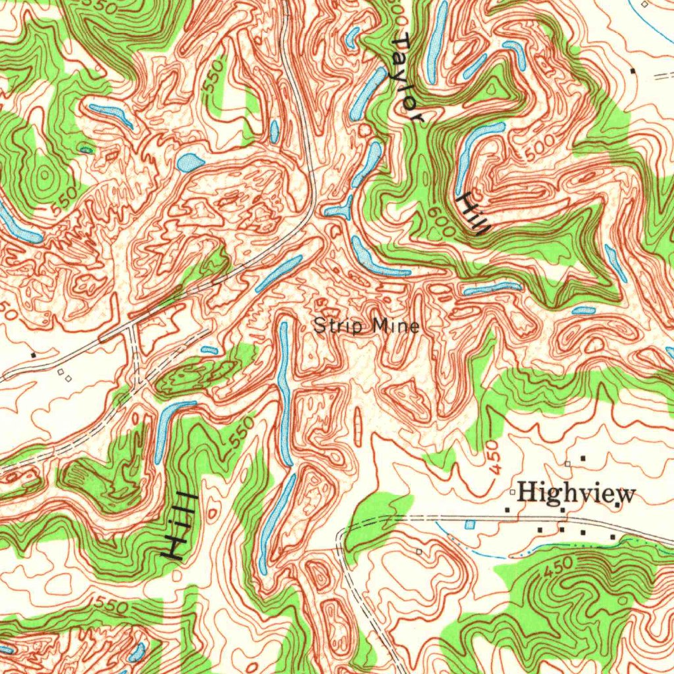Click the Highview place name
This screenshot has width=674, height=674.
coord(576,493)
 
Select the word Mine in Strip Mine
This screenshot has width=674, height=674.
coord(395,325)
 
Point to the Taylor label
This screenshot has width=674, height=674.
coord(407,79)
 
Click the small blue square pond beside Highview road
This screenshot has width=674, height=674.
coord(469,524)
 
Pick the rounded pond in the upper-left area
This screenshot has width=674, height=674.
coord(190,162)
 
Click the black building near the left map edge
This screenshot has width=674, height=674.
coord(34,355)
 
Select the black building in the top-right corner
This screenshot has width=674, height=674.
coord(633,70)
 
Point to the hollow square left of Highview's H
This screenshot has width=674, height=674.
coord(511,492)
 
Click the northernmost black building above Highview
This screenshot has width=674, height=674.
coord(582,457)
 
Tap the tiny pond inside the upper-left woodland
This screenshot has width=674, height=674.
coord(86,150)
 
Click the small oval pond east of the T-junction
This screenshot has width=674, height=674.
coord(209,350)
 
